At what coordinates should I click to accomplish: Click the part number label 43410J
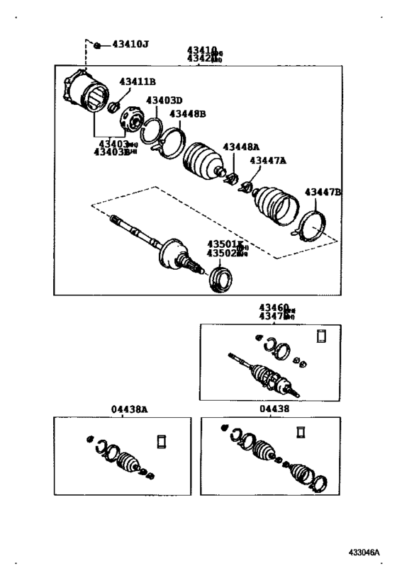point(130,45)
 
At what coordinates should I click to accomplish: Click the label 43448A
point(241,147)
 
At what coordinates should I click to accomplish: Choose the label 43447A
point(267,161)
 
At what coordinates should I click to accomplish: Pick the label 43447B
point(323,192)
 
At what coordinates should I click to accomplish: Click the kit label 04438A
point(124,409)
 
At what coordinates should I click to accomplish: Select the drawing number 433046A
point(364,551)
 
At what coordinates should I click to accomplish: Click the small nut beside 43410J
point(97,45)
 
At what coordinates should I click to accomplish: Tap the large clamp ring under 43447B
point(311,226)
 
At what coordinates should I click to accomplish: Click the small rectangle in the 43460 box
point(320,336)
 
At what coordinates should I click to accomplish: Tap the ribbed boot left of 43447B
point(275,205)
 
